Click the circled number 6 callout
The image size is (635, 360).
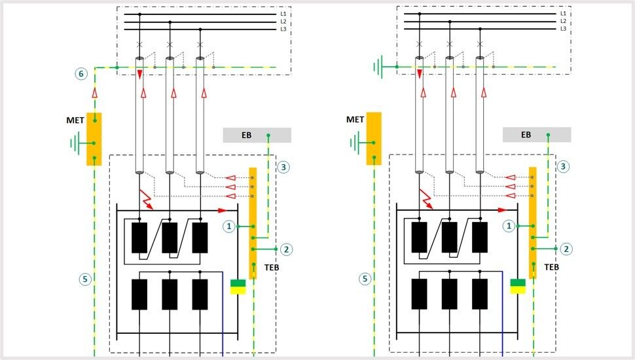coord(81,74)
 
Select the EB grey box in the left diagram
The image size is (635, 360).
coord(257,135)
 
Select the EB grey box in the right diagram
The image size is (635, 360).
coord(537,135)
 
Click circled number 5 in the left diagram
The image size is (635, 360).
coord(84,279)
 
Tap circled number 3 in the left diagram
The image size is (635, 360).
coord(283,167)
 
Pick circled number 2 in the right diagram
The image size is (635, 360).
coord(566,249)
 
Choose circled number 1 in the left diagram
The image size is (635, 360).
coord(228,226)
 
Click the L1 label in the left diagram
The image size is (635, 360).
coord(283,14)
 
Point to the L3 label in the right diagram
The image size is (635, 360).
coord(563,29)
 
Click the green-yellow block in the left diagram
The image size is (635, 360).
coord(238,287)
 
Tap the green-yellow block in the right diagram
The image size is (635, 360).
coord(518,287)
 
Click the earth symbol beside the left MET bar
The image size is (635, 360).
coord(75,142)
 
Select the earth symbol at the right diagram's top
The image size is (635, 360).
coord(378,66)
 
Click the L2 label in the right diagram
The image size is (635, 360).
coord(563,22)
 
